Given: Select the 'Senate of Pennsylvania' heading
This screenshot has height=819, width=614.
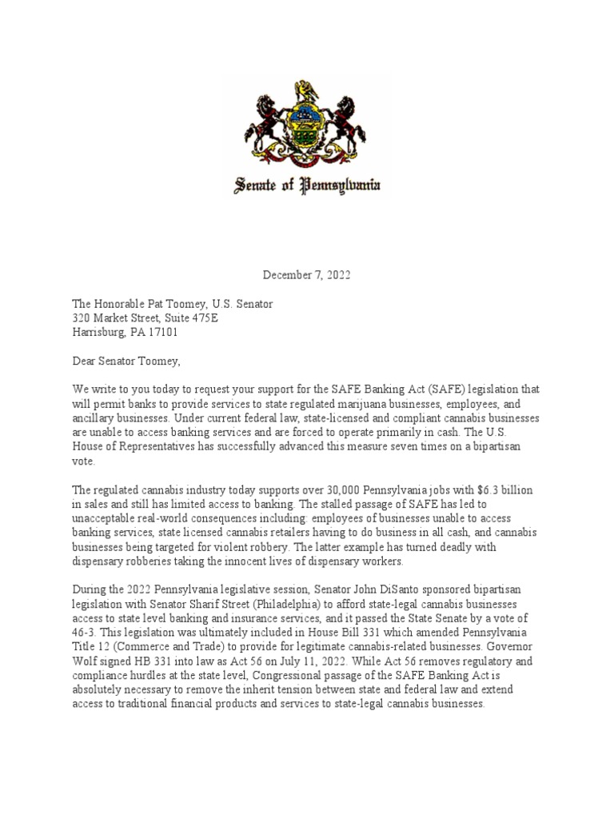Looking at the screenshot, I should [306, 187].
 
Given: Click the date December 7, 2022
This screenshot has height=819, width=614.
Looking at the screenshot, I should [307, 275].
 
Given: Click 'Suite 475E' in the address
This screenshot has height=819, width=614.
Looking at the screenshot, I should [188, 318].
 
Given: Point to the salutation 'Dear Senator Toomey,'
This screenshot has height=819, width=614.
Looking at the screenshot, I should [126, 362].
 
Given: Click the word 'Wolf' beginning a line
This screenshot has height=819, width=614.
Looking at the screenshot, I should [85, 662].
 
